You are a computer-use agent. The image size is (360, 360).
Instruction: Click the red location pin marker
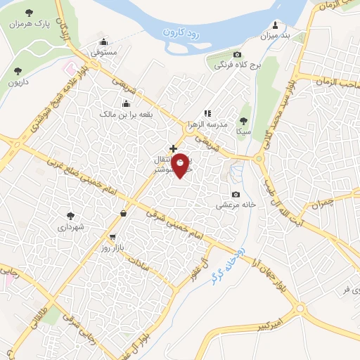[181, 165]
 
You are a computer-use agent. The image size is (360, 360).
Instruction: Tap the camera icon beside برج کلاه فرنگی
[237, 55]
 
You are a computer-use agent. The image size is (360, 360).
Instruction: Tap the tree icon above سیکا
[243, 120]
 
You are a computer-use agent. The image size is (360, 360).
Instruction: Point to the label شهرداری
[71, 227]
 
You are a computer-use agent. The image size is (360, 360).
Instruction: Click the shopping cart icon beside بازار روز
[112, 237]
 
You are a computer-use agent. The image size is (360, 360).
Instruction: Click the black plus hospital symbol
[173, 148]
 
